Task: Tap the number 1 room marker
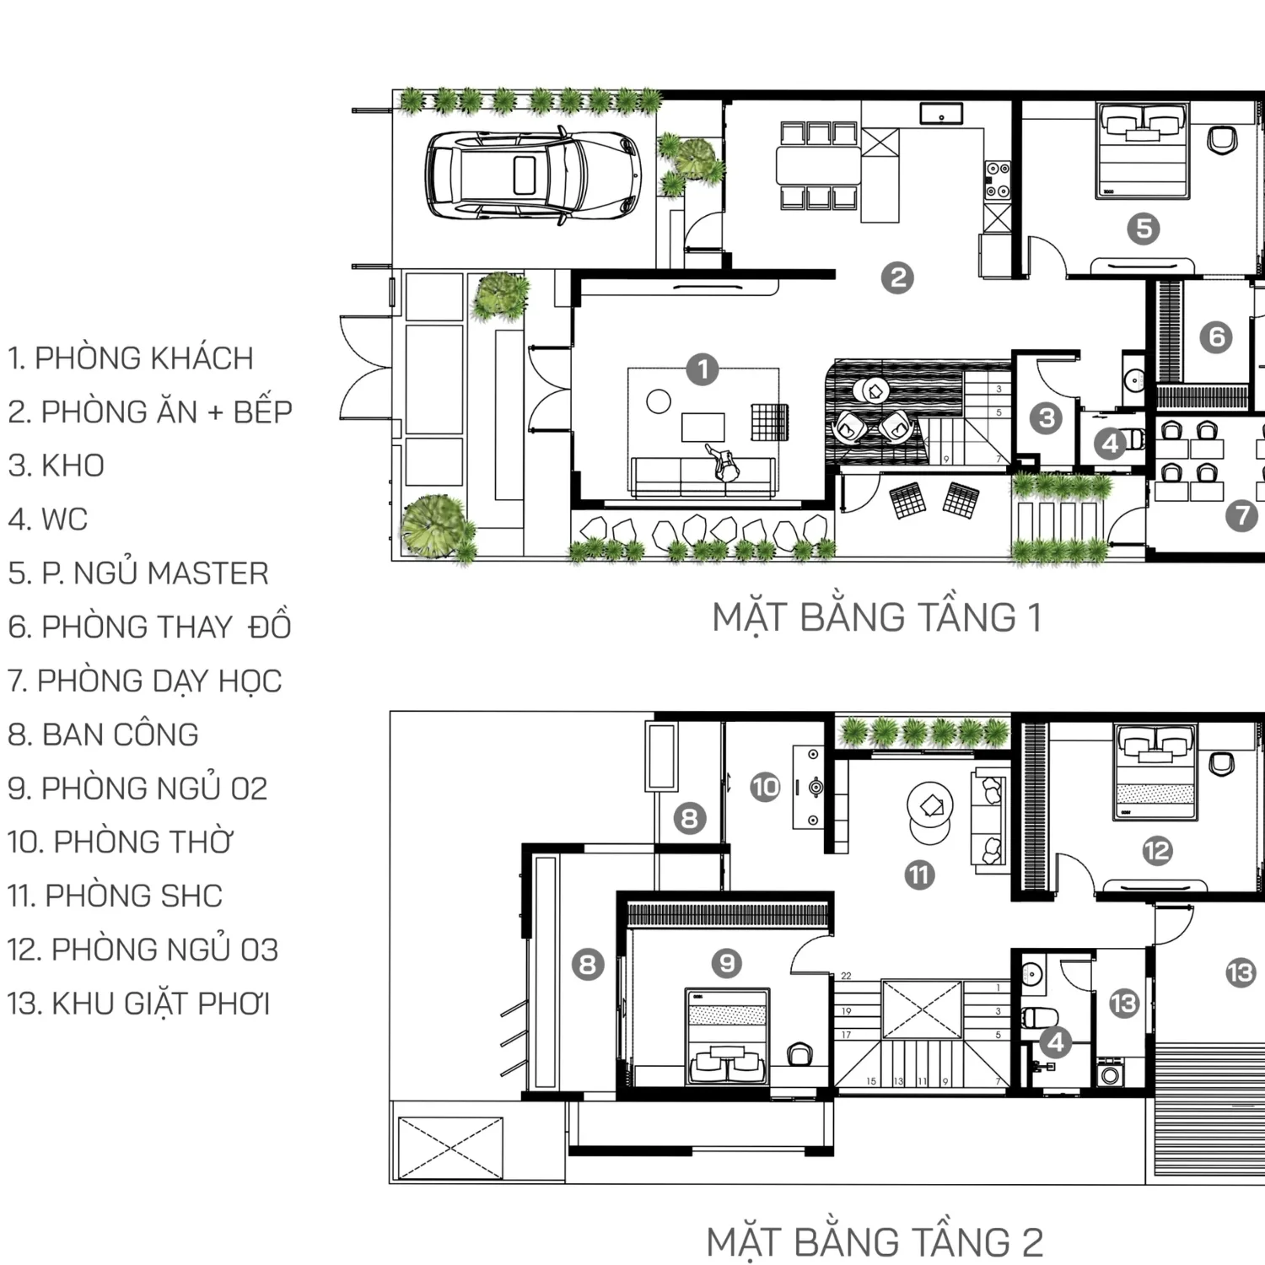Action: [x=702, y=369]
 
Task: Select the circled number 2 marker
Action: [x=897, y=277]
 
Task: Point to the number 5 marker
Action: [x=1144, y=228]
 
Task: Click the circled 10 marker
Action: [x=766, y=788]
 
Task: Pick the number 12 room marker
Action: [x=1157, y=851]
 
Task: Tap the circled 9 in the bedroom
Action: [x=726, y=963]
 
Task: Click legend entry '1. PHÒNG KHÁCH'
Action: [x=131, y=358]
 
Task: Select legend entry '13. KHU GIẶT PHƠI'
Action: [x=139, y=1004]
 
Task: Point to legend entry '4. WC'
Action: [x=48, y=519]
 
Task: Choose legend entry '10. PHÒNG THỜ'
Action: [x=121, y=842]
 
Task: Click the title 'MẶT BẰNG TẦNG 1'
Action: [x=877, y=617]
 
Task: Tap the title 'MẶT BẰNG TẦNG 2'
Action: [x=875, y=1243]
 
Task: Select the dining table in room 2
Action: [x=818, y=166]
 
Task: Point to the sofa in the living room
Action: [x=702, y=479]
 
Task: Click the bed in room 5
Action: [x=1143, y=152]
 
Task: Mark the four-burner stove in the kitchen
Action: [x=998, y=180]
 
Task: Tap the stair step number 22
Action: [x=846, y=976]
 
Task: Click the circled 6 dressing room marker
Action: [x=1216, y=337]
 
